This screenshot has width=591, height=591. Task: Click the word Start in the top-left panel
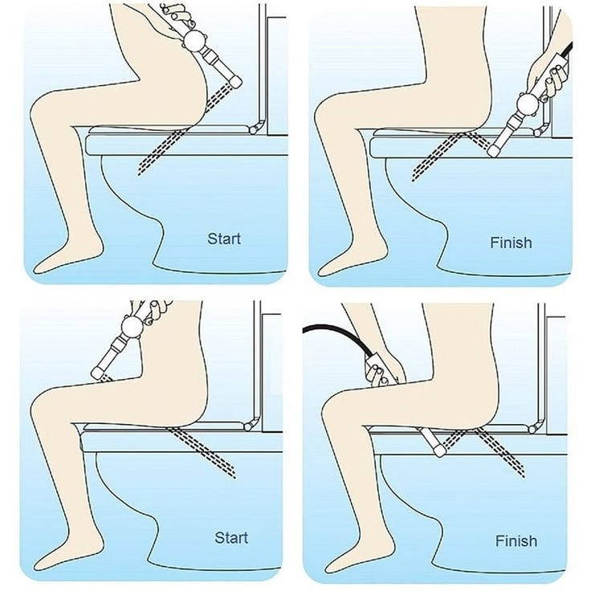pyautogui.click(x=224, y=238)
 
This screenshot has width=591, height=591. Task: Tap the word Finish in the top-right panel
pyautogui.click(x=511, y=243)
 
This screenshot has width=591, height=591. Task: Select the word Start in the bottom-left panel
pyautogui.click(x=231, y=537)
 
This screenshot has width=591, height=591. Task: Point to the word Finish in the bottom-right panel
pyautogui.click(x=516, y=541)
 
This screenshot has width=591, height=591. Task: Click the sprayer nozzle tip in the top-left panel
pyautogui.click(x=236, y=81)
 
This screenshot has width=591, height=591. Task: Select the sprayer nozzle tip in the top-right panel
pyautogui.click(x=493, y=150)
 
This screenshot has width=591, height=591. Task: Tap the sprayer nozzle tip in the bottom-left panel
pyautogui.click(x=98, y=373)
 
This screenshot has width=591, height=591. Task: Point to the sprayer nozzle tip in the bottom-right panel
pyautogui.click(x=439, y=450)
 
